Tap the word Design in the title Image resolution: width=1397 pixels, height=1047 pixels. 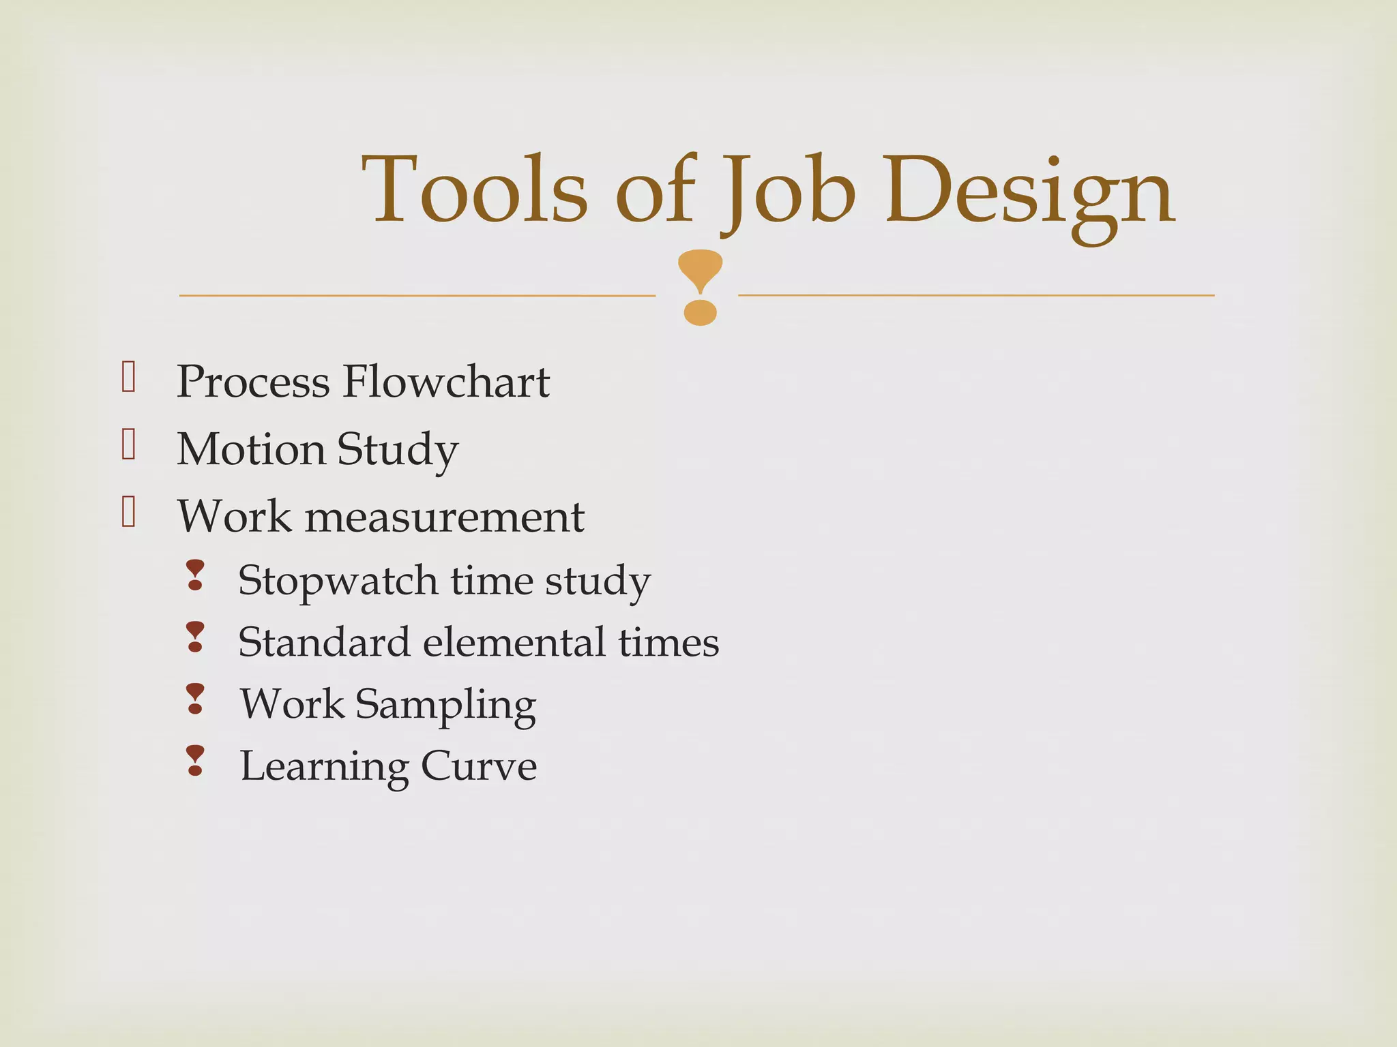tap(1030, 194)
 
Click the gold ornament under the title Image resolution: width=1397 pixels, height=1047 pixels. tap(700, 287)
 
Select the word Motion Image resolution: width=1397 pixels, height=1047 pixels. tap(251, 449)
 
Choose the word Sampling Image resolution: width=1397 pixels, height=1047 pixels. tap(445, 705)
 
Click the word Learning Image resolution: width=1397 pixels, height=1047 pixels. tap(324, 767)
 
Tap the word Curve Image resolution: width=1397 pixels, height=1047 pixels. tap(479, 766)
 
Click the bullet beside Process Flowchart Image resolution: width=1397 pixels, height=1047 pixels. tap(128, 376)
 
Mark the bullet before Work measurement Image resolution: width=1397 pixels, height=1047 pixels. tap(128, 512)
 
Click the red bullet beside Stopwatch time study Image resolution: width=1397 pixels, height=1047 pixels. tap(195, 575)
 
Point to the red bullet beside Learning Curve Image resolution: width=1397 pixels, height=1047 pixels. tap(195, 761)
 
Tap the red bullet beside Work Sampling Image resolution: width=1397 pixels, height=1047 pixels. tap(195, 699)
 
